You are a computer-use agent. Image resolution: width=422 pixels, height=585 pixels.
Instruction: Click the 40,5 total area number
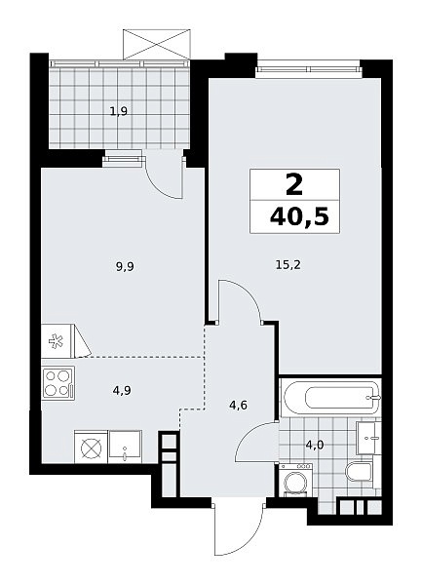click(301, 217)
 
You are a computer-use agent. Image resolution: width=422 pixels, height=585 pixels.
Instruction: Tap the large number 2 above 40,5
click(294, 185)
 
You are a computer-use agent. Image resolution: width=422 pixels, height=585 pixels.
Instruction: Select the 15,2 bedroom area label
click(288, 265)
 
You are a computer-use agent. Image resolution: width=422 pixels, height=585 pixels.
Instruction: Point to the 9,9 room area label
click(125, 267)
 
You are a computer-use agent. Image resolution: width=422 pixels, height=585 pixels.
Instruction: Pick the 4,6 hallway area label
click(239, 405)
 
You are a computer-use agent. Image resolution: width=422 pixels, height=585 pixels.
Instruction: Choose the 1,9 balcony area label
click(119, 111)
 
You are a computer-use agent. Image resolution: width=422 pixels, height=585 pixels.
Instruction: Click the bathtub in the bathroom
click(330, 398)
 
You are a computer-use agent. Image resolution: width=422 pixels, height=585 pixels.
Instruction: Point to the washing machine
click(295, 481)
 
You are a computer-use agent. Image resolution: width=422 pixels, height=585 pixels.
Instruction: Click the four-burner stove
click(58, 383)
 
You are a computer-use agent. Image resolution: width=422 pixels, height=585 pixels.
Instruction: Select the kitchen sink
click(125, 447)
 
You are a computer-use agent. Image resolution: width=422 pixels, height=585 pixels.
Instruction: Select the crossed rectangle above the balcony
click(157, 45)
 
